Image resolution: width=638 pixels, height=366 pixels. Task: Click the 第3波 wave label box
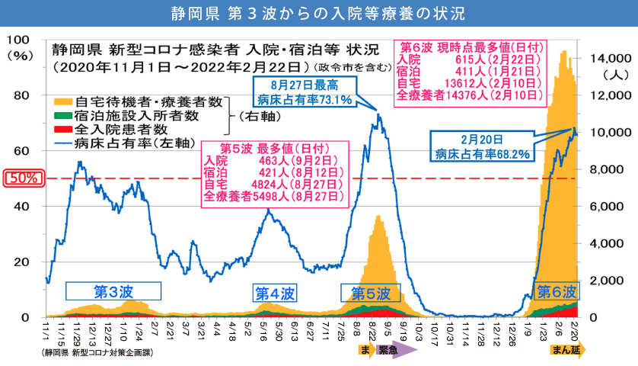113,291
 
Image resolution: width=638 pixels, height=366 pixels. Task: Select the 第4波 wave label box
275,294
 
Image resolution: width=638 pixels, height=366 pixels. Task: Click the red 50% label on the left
24,178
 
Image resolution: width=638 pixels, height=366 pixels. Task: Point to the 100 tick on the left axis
24,40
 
